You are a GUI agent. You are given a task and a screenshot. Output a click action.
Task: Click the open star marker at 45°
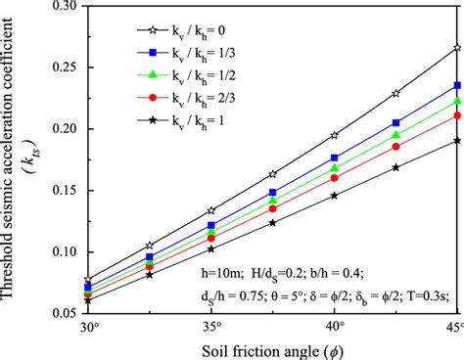[457, 47]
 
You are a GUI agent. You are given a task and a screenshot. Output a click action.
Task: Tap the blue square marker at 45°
[457, 86]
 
